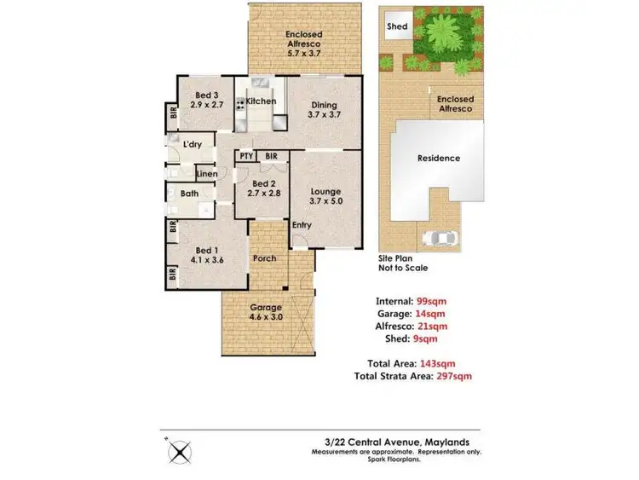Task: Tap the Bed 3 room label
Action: (x=208, y=101)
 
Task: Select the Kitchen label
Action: (x=262, y=101)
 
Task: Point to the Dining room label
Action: (x=323, y=108)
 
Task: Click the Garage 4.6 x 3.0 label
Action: (x=266, y=312)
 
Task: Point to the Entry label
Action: (x=301, y=225)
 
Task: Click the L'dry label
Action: (x=193, y=145)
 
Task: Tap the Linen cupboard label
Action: (x=207, y=174)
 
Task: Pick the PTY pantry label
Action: (x=245, y=157)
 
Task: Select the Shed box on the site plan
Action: (x=397, y=27)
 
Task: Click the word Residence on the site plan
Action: (x=438, y=159)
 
